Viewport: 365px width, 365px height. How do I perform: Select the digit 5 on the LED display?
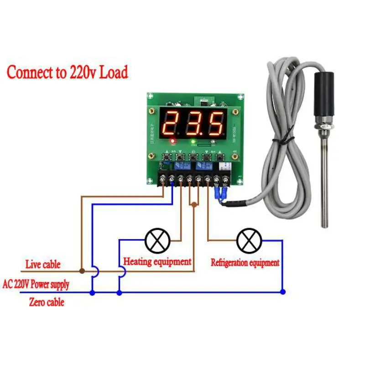pos(215,122)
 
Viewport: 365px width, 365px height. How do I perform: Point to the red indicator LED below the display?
pos(172,141)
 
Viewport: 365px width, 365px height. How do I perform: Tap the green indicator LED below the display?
pos(193,141)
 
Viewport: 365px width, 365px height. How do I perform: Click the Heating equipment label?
pos(157,262)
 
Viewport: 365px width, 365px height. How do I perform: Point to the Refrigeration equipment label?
pos(245,263)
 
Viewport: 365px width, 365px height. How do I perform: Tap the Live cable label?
pos(43,265)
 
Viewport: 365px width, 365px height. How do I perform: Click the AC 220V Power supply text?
pos(36,285)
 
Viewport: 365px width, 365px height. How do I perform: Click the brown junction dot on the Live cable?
pos(82,271)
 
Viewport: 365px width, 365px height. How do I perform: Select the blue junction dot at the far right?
pos(282,292)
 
